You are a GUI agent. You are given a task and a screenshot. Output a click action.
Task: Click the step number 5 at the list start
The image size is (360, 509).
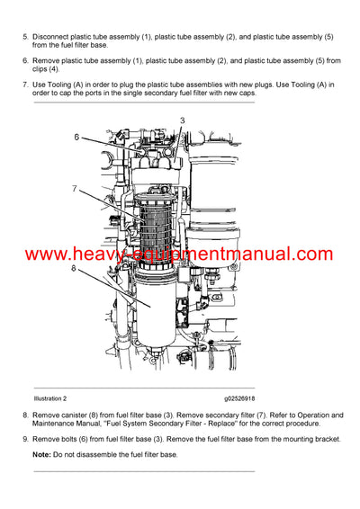24,37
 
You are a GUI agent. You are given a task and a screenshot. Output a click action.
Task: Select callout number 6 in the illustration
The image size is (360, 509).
76,138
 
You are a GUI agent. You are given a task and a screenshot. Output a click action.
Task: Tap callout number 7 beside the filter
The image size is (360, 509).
76,190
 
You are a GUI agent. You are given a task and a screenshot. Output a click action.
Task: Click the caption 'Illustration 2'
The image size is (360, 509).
50,397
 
